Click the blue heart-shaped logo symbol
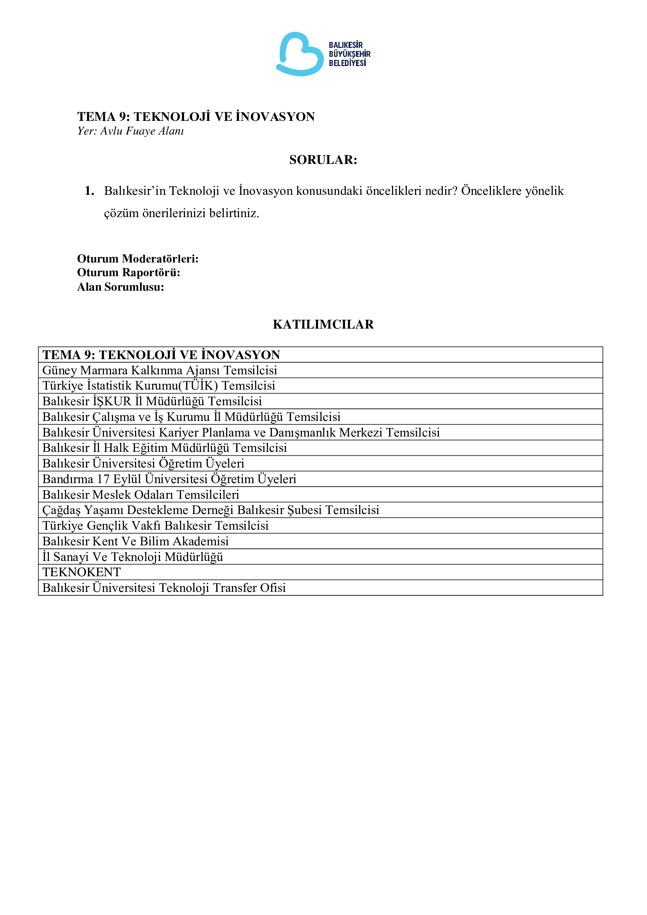tap(300, 54)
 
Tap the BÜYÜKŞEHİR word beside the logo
tap(349, 54)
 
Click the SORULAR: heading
tap(323, 160)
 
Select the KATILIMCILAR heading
tap(323, 324)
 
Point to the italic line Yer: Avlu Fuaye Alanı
tap(130, 131)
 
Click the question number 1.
tap(89, 191)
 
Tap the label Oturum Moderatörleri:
tap(137, 259)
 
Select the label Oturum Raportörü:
tap(128, 273)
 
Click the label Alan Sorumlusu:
tap(120, 287)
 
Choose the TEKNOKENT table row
tap(82, 572)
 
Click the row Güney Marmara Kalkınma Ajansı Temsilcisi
tap(159, 370)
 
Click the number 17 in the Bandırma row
tap(103, 479)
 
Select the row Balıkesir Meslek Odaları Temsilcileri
tap(141, 494)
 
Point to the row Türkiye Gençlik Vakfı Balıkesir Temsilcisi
tap(155, 526)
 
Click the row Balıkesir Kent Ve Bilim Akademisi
tap(135, 541)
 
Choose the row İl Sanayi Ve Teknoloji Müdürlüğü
tap(133, 557)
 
